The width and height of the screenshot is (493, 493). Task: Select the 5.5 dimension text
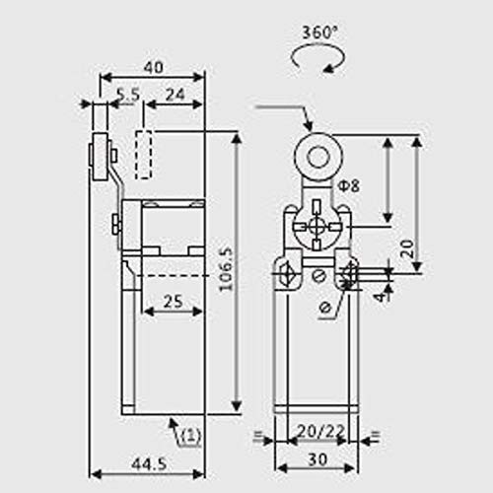pyautogui.click(x=127, y=95)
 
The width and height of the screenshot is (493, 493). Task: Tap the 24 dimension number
pyautogui.click(x=176, y=95)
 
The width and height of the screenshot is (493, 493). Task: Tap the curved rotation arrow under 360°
pyautogui.click(x=317, y=58)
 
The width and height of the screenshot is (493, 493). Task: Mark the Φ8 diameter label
pyautogui.click(x=347, y=185)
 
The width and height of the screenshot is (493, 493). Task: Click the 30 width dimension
pyautogui.click(x=317, y=458)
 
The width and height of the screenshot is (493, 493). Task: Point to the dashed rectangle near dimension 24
pyautogui.click(x=144, y=154)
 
